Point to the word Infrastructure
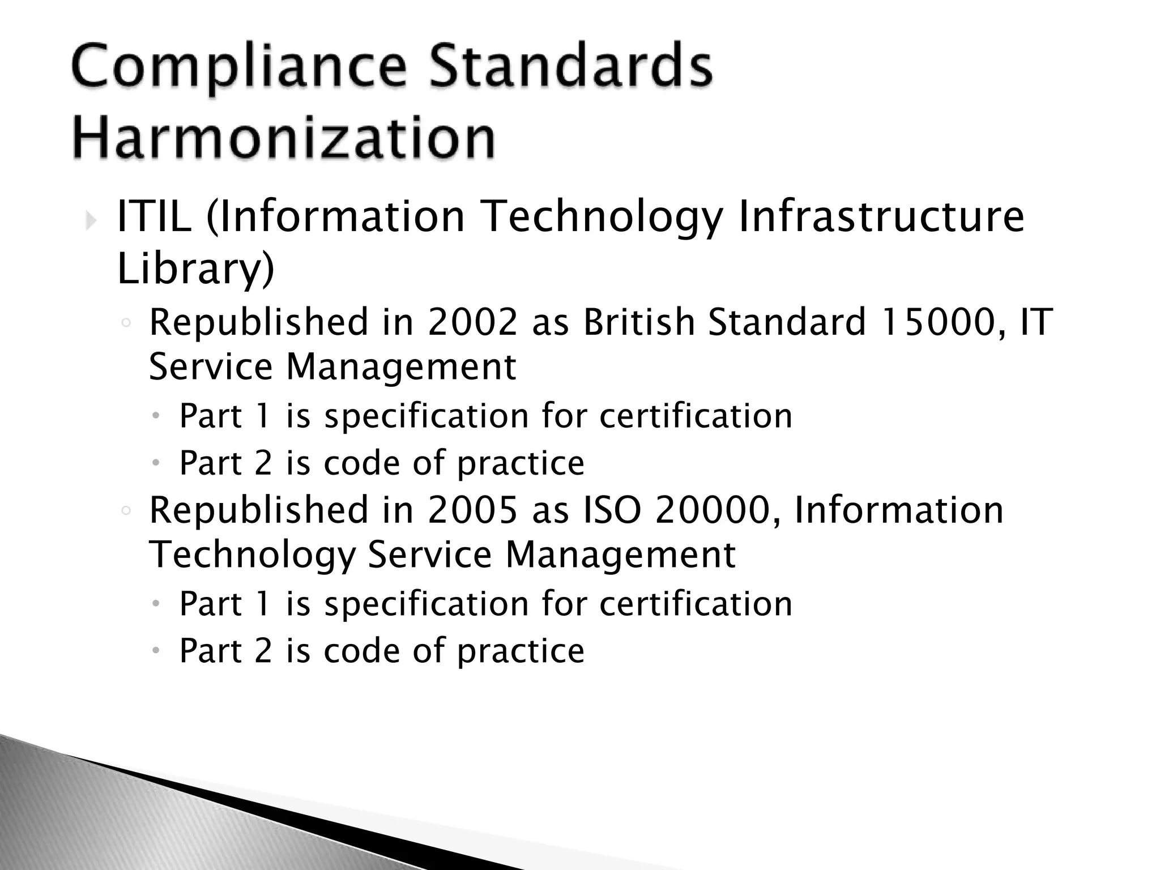pyautogui.click(x=881, y=217)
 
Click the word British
pyautogui.click(x=639, y=322)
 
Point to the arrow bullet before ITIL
pyautogui.click(x=91, y=220)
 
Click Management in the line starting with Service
pyautogui.click(x=401, y=367)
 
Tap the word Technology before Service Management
pyautogui.click(x=252, y=555)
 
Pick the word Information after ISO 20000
pyautogui.click(x=898, y=510)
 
